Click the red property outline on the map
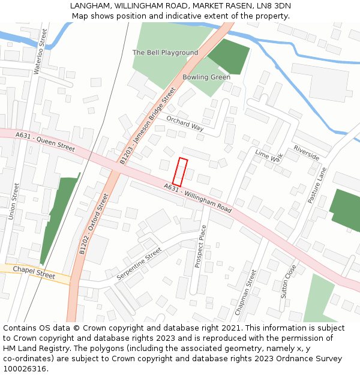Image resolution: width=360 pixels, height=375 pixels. click(180, 172)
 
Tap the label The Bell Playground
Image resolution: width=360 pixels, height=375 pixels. click(165, 53)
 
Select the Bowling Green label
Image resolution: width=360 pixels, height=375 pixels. click(206, 77)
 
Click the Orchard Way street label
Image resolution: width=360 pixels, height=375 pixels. click(185, 122)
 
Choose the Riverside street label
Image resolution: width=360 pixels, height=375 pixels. click(306, 152)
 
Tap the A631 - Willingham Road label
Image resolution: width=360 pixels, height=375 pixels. click(197, 199)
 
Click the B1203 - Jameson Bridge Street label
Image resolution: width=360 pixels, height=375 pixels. click(147, 125)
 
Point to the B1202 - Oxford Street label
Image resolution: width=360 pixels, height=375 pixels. click(94, 224)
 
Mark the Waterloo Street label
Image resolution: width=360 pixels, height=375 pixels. click(40, 51)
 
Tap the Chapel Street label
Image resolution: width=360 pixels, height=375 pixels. click(34, 272)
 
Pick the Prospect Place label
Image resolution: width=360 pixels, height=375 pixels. click(200, 246)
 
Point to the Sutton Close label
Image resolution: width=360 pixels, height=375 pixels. click(288, 281)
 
